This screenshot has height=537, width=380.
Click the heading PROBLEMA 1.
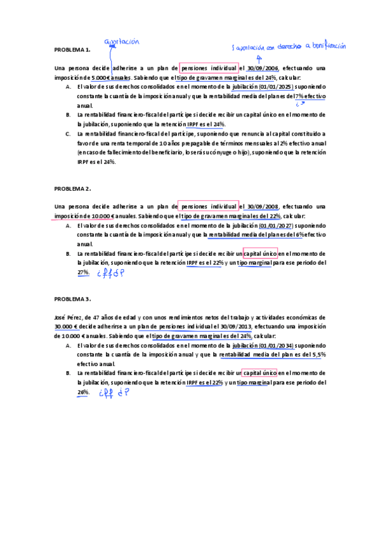tap(72, 49)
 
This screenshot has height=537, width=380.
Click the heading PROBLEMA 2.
tap(72, 189)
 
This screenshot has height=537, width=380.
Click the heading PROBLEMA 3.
tap(72, 298)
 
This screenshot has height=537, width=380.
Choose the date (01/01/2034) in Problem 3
tap(279, 346)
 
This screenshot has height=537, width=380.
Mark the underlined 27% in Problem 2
tap(83, 272)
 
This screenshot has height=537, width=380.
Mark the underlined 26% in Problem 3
tap(83, 393)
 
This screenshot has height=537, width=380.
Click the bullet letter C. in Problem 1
tap(68, 134)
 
